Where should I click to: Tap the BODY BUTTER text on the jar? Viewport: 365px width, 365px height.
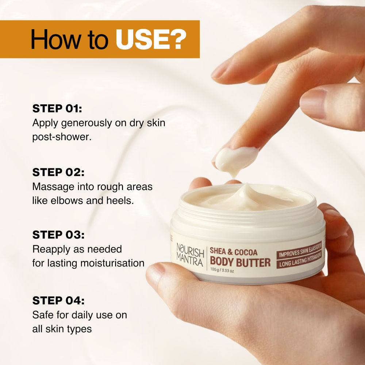pos(240,262)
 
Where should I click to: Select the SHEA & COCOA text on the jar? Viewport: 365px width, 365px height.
pos(234,252)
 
